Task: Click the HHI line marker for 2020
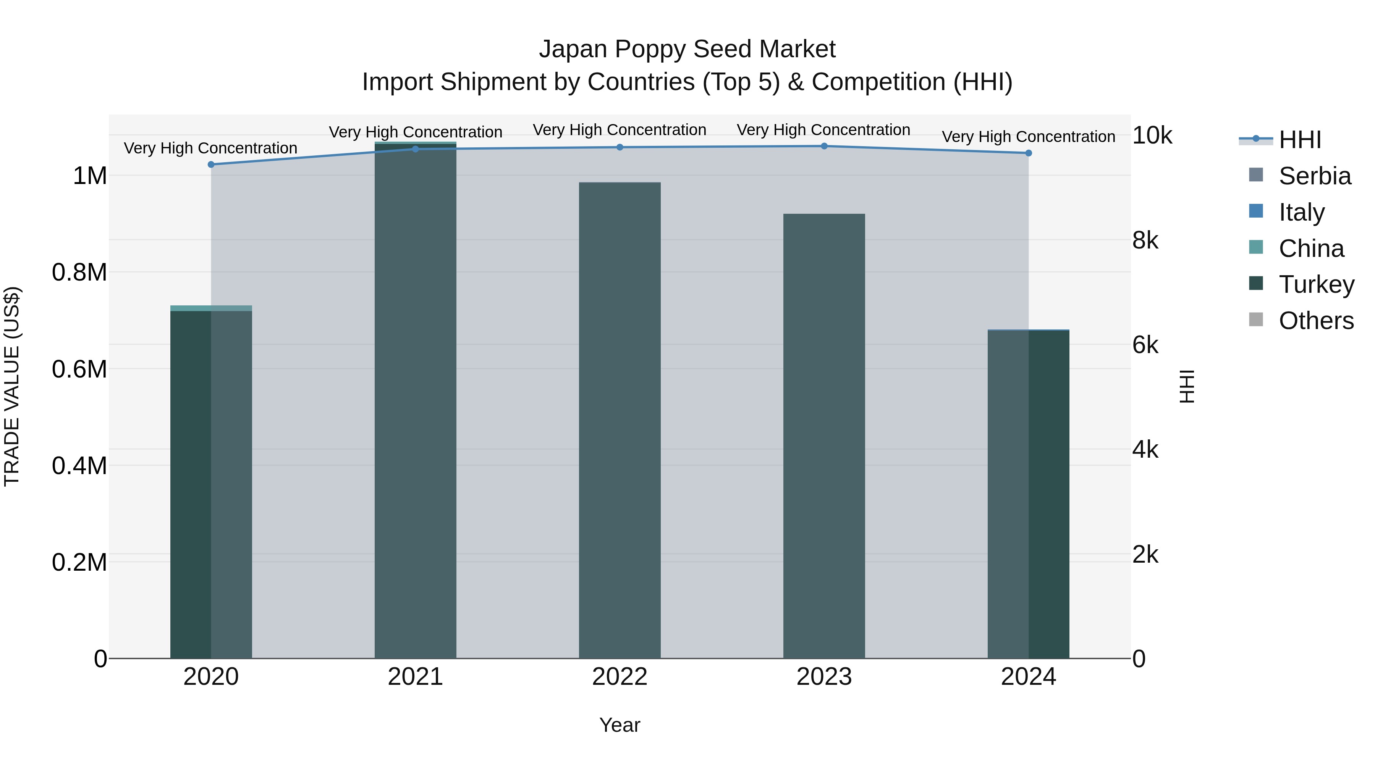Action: (x=211, y=164)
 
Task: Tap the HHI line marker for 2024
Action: (x=1029, y=153)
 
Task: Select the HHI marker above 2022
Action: (x=620, y=147)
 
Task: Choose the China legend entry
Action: (x=1311, y=248)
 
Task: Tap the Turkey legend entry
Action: (x=1316, y=284)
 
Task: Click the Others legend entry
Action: (x=1316, y=321)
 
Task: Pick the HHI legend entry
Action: (x=1300, y=139)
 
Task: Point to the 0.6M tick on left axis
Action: (x=79, y=369)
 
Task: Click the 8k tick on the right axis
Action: (x=1145, y=240)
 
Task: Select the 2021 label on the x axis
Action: (x=415, y=677)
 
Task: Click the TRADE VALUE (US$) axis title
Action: (x=12, y=386)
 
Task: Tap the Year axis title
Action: (x=620, y=725)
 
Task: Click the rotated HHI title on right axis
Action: (x=1187, y=386)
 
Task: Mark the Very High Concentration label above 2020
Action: (x=211, y=148)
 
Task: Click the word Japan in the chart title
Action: (x=573, y=49)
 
